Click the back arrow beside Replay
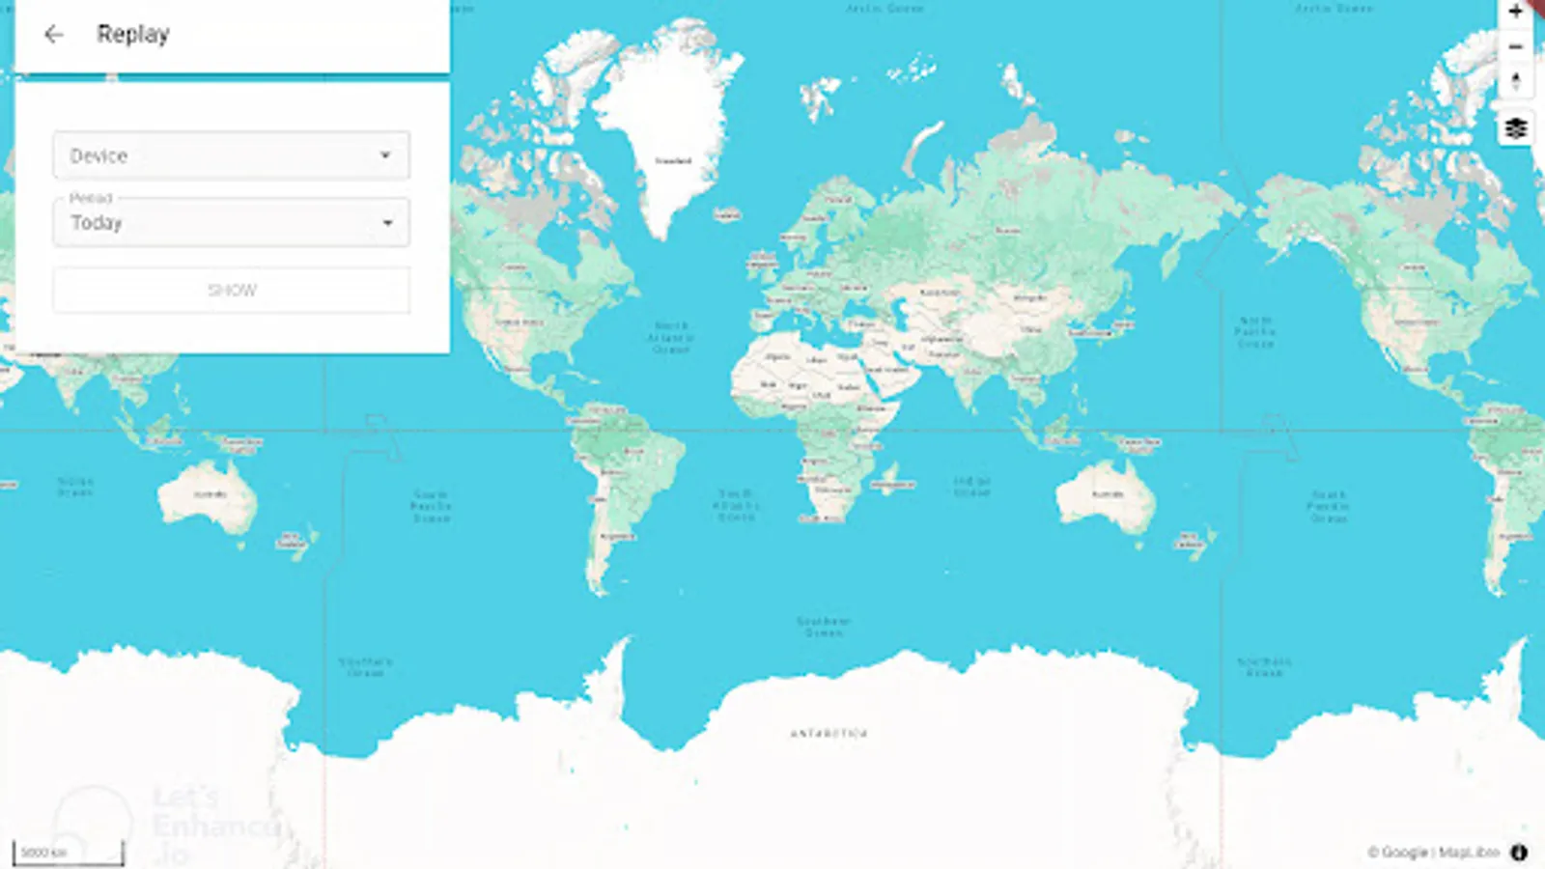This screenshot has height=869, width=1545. click(x=53, y=35)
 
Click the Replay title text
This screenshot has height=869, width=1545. click(x=133, y=35)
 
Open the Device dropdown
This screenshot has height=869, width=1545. click(x=231, y=155)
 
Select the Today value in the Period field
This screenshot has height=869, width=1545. click(x=97, y=223)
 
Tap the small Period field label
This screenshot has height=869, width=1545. click(x=91, y=198)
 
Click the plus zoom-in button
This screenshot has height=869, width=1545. click(x=1515, y=13)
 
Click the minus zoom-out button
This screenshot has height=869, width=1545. click(x=1515, y=46)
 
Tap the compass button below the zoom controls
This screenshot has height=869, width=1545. click(x=1515, y=82)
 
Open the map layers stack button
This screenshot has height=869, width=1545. click(x=1515, y=128)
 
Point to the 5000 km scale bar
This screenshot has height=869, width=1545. click(x=68, y=853)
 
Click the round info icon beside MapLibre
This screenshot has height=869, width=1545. click(x=1519, y=852)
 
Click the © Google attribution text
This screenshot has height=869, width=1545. click(x=1396, y=852)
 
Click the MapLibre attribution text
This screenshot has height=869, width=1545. click(x=1469, y=852)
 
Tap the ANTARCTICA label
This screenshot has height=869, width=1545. click(x=829, y=734)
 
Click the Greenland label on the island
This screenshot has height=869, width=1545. click(x=673, y=160)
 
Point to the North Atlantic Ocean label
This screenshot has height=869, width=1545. click(x=670, y=337)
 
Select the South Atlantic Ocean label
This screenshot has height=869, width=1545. click(x=736, y=505)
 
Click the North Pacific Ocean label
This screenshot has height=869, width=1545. click(x=1255, y=331)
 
